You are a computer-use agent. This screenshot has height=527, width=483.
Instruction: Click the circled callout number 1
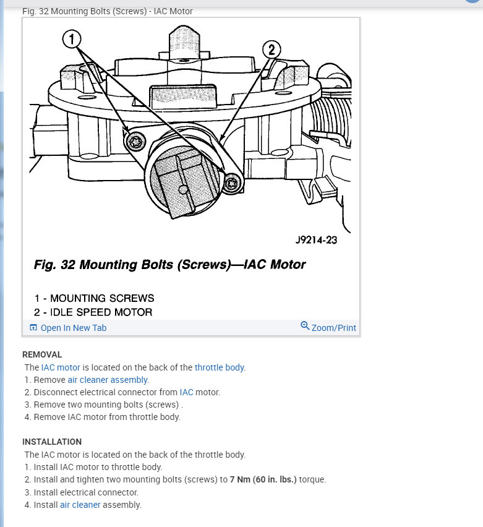point(72,40)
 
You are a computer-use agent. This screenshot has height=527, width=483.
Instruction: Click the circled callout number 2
point(271,49)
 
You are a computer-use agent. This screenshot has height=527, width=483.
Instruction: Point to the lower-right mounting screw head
point(233,183)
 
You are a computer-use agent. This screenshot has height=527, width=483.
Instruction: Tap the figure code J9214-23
point(315,240)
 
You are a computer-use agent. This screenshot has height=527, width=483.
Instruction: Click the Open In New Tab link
point(73,328)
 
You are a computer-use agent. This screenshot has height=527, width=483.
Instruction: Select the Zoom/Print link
point(333,328)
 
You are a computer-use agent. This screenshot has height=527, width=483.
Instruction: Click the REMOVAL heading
point(42,354)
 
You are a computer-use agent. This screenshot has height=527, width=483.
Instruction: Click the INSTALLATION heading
point(52,442)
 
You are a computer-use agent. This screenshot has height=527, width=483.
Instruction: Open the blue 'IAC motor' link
point(61,367)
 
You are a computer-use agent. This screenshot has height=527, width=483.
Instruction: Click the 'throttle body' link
point(220,367)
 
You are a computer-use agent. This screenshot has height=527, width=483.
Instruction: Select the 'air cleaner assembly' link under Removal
point(108,380)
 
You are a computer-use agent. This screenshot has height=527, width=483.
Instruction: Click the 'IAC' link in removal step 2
point(186,392)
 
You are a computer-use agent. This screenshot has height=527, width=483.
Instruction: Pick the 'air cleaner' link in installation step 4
point(80,505)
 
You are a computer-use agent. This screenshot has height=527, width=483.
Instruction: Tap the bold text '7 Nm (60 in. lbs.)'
point(263,479)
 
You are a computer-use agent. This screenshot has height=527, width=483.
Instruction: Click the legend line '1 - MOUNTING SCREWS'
point(94,298)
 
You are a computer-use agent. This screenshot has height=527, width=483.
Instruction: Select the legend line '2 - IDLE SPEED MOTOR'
point(93,312)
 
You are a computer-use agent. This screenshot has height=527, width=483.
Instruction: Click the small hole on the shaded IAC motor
point(183,189)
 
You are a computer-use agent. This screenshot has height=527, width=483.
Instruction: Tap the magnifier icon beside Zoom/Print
point(305,326)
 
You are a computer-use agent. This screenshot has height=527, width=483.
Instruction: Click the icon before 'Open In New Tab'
point(33,328)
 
